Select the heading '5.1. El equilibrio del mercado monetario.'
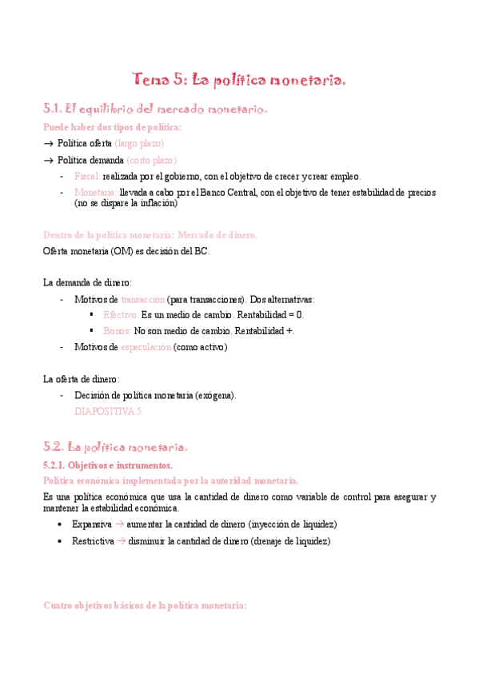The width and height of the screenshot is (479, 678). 154,109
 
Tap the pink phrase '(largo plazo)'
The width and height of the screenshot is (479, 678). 139,143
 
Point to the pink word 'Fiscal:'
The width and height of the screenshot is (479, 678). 86,177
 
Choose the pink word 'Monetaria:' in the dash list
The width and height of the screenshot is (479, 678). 94,193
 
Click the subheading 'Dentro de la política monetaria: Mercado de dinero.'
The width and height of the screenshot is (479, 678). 150,235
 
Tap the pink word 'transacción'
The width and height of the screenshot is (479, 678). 142,299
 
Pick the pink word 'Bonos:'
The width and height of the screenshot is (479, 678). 117,330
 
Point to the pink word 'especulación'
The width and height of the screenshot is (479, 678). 146,347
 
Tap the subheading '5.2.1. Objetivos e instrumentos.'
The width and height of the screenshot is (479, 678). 107,465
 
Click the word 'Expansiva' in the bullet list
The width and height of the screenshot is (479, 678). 91,524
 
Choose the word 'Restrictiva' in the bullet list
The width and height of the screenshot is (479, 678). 92,540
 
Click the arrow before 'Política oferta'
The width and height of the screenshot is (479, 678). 48,143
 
